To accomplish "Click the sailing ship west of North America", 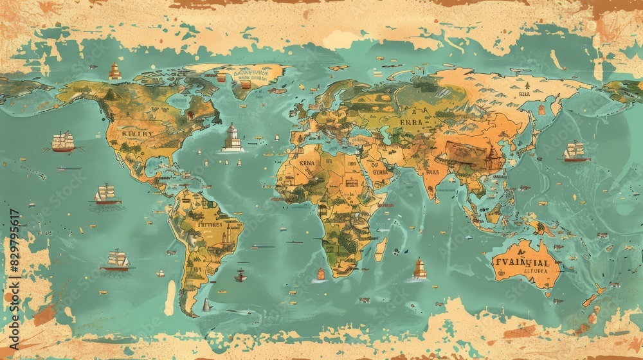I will pyautogui.click(x=63, y=141).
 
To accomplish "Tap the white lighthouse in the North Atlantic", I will pyautogui.click(x=232, y=138).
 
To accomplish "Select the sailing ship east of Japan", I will pyautogui.click(x=575, y=152).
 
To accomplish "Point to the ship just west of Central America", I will pyautogui.click(x=105, y=194).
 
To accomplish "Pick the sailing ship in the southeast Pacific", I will pyautogui.click(x=117, y=260).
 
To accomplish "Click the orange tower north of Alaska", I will pyautogui.click(x=115, y=71).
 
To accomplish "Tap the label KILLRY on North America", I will pyautogui.click(x=138, y=134).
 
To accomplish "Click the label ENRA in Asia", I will pyautogui.click(x=411, y=122).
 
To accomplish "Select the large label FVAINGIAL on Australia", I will pyautogui.click(x=521, y=262).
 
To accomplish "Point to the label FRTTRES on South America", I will pyautogui.click(x=210, y=225).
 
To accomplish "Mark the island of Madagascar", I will pyautogui.click(x=380, y=249).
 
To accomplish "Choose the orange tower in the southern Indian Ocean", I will pyautogui.click(x=419, y=268).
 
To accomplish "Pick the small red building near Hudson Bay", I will pyautogui.click(x=190, y=115).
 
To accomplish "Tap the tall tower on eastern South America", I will pyautogui.click(x=225, y=236).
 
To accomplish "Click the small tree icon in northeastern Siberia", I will pyautogui.click(x=526, y=85).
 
